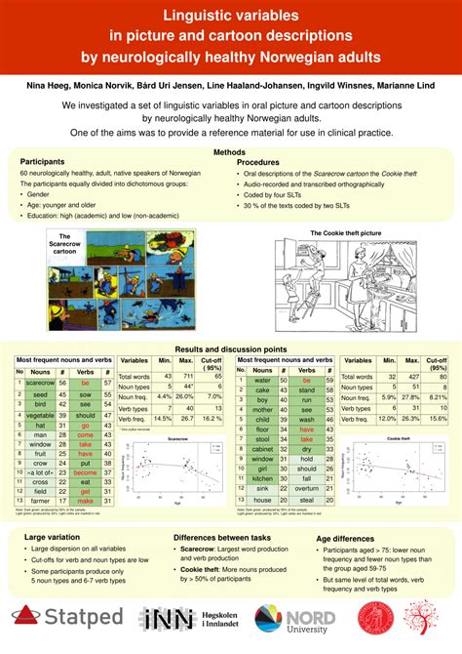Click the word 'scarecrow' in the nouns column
click(40, 384)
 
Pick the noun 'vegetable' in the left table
click(40, 416)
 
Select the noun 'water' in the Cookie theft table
click(261, 380)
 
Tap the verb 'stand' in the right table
click(306, 389)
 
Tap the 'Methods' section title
click(230, 151)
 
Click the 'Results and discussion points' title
click(231, 349)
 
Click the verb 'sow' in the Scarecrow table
click(86, 394)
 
